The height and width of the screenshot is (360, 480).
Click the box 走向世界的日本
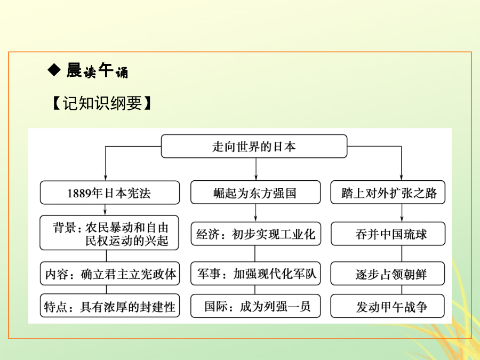pos(254,146)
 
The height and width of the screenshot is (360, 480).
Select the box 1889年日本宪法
pos(109,193)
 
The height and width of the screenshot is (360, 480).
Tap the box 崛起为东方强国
pos(255,192)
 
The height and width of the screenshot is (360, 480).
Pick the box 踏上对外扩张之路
pos(388,192)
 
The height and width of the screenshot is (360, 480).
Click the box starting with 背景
pos(109,233)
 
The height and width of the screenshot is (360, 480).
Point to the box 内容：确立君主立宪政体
pos(109,274)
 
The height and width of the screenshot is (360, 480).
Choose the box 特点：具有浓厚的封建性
pos(109,306)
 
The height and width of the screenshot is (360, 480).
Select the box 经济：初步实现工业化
pos(255,234)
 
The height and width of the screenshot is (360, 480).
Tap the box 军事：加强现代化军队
pos(255,274)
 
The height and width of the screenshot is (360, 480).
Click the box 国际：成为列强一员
pos(255,306)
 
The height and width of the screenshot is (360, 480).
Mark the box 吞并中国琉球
pos(388,234)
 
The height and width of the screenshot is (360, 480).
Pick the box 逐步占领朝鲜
pos(388,274)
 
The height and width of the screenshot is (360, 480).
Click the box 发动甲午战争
pos(388,306)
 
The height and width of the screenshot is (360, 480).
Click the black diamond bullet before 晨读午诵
pos(54,70)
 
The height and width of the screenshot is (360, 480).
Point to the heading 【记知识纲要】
pos(102,103)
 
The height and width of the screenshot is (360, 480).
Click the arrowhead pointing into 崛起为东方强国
pos(256,177)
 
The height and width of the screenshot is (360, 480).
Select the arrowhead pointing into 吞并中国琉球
pos(402,219)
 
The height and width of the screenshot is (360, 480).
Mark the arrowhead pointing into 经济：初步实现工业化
pos(255,219)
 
